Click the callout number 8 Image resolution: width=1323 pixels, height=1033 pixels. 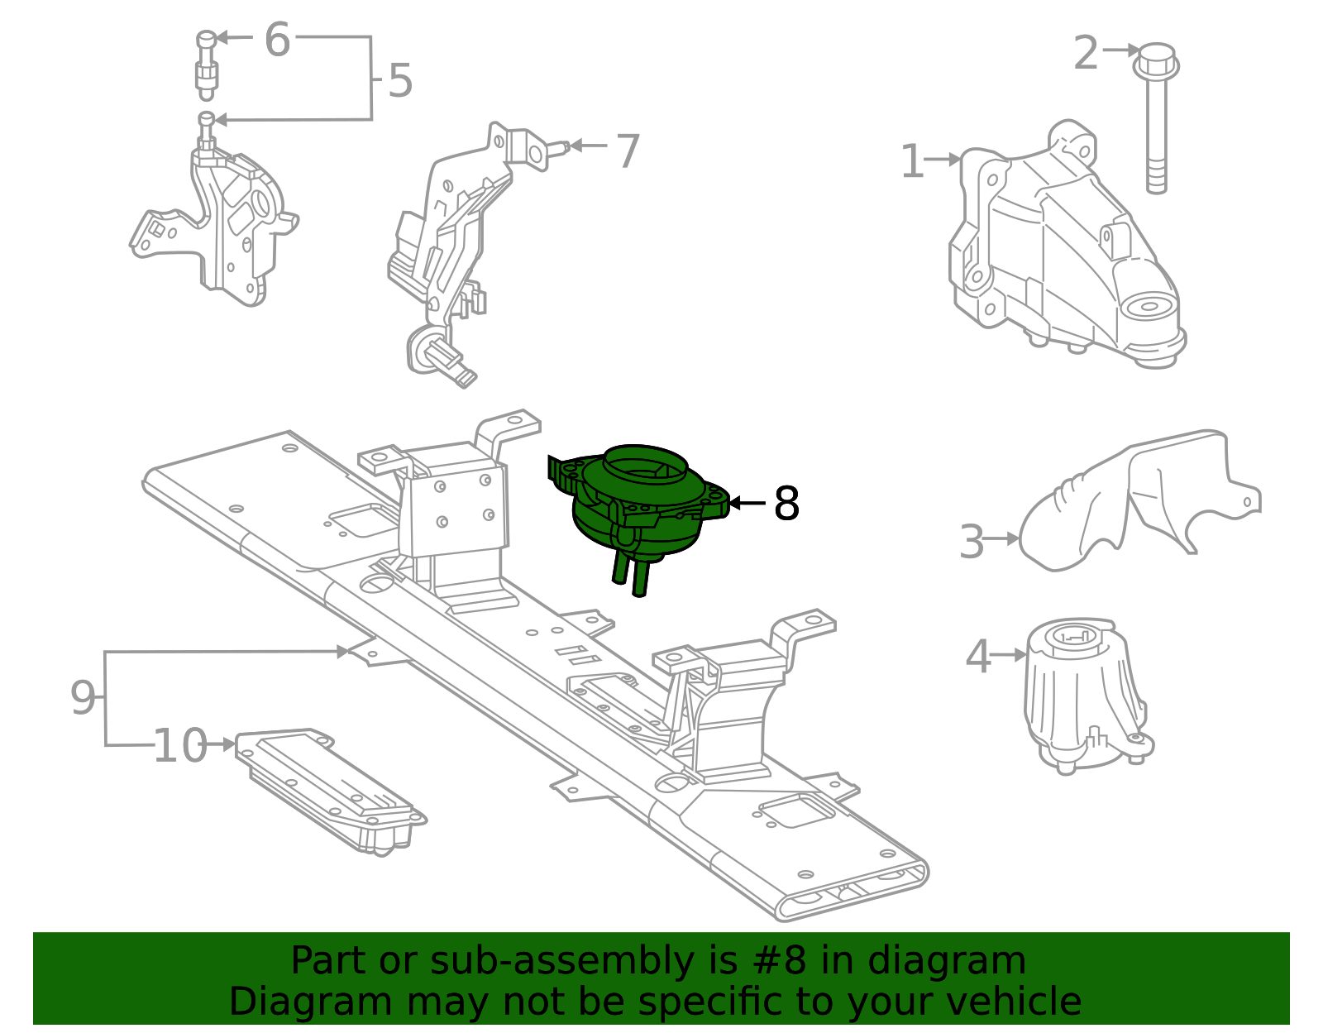click(786, 504)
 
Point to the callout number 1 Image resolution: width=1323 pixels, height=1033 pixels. click(911, 161)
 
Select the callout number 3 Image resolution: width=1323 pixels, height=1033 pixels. click(972, 543)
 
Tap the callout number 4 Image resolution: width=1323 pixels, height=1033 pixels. click(977, 658)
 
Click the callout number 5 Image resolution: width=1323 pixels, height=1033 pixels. click(400, 81)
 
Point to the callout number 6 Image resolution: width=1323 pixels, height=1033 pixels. click(277, 40)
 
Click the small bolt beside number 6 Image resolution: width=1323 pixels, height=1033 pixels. click(206, 62)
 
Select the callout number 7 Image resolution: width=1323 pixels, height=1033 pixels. click(628, 151)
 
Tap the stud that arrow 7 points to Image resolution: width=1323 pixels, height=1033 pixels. click(556, 149)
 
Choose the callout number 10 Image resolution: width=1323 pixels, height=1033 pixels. click(179, 746)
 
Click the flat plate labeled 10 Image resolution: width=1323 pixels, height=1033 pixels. click(331, 790)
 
